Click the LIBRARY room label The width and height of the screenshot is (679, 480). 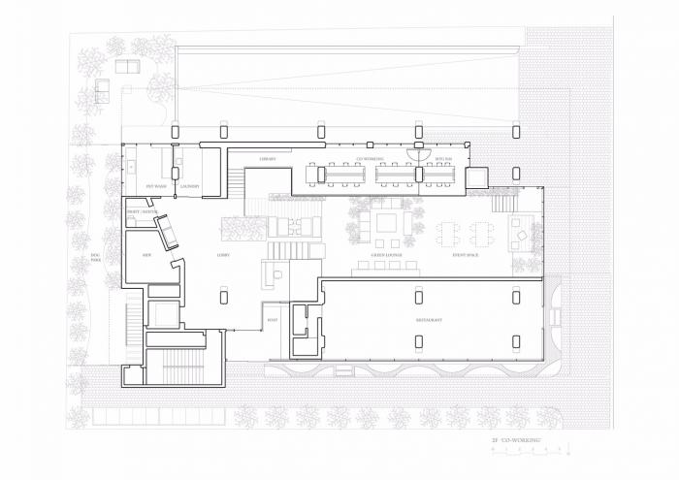click(269, 158)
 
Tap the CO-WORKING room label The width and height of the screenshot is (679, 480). click(370, 158)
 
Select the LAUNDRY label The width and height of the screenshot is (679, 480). click(189, 185)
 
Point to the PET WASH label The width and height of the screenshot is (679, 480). click(157, 185)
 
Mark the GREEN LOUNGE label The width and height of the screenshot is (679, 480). click(387, 255)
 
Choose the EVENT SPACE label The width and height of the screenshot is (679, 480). click(466, 255)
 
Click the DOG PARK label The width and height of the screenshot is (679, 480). click(96, 259)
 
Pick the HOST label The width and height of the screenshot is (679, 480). click(273, 319)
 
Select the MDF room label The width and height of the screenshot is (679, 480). click(147, 255)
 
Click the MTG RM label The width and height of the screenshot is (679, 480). click(443, 158)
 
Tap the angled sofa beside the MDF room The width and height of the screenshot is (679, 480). click(167, 231)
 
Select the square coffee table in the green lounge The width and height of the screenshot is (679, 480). click(387, 221)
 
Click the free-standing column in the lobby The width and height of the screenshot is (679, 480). click(223, 293)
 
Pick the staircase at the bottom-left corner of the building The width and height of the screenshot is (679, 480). click(184, 366)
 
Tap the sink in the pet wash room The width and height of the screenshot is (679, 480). click(133, 167)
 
